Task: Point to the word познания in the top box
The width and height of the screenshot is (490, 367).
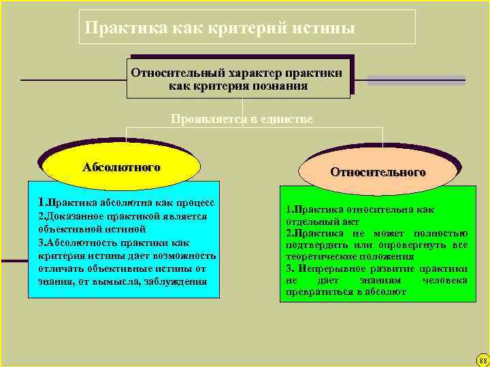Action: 280,86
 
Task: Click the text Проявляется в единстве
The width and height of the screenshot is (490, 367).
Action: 242,119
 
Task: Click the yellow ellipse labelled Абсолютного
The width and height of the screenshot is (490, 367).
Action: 121,167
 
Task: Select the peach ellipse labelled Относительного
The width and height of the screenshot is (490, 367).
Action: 378,172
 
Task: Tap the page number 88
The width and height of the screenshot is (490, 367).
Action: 482,360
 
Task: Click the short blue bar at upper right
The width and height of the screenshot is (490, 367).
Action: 416,80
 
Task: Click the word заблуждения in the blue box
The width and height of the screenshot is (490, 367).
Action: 175,281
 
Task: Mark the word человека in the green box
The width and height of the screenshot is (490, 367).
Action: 444,280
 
